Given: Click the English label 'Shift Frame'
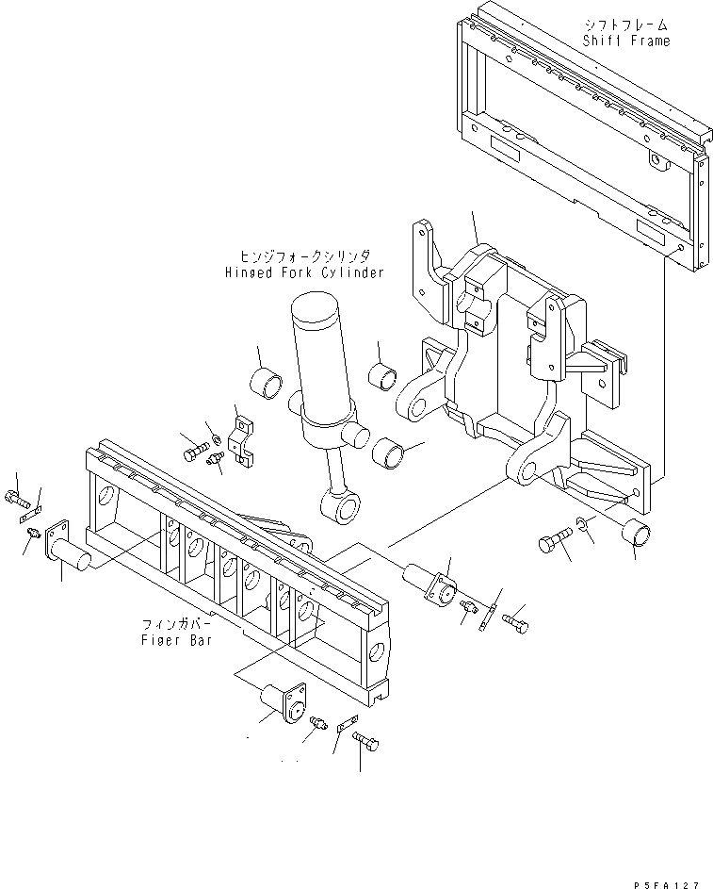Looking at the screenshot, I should click(x=626, y=41).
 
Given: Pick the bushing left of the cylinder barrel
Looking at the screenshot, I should click(x=267, y=384).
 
